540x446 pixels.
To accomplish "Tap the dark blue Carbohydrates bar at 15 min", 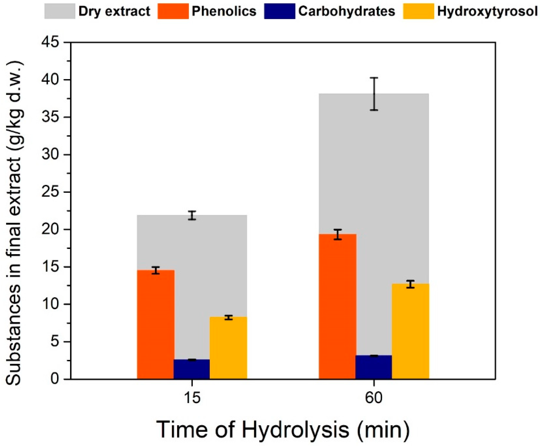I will click(192, 369).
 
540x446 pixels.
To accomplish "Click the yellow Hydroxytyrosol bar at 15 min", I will click(228, 348).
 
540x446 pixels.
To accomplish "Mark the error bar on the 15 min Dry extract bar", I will click(192, 215).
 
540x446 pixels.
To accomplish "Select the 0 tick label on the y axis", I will click(57, 379).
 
